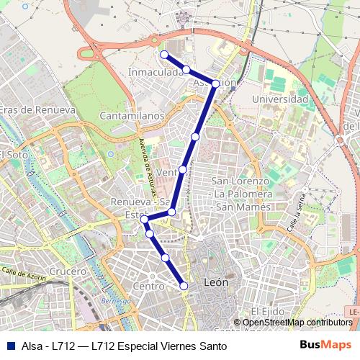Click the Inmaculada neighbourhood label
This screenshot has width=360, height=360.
pyautogui.click(x=155, y=73)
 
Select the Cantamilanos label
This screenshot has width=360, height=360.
pyautogui.click(x=133, y=115)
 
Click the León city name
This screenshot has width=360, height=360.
pyautogui.click(x=216, y=282)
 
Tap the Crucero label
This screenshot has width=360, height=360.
pyautogui.click(x=68, y=271)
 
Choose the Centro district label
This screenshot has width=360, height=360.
pyautogui.click(x=149, y=286)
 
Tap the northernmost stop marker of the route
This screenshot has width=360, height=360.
pyautogui.click(x=164, y=54)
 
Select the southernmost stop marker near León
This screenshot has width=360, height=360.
pyautogui.click(x=184, y=286)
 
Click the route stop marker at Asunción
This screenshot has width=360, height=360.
pyautogui.click(x=215, y=84)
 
